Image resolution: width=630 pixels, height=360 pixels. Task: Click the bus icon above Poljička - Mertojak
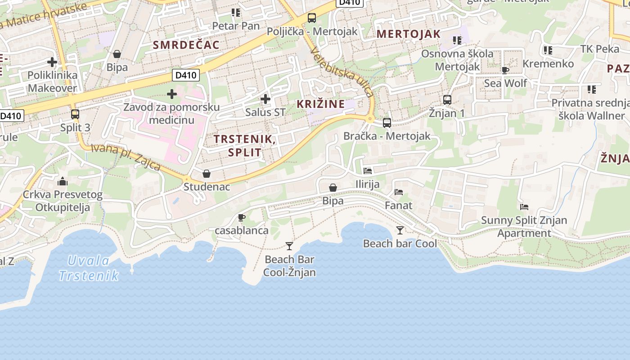[x=312, y=18]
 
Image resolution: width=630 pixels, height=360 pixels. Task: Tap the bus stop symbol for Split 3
[x=75, y=114]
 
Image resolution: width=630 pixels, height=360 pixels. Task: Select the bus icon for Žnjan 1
[x=447, y=100]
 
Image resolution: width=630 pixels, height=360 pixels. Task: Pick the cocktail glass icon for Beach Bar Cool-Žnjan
[x=289, y=246]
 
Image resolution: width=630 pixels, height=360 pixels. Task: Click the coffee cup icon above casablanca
[x=242, y=218]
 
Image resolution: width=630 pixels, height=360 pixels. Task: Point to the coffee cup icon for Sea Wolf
[x=505, y=70]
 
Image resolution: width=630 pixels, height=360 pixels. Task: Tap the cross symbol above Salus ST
[x=265, y=99]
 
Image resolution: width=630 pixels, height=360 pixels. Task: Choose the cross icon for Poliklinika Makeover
[x=52, y=62]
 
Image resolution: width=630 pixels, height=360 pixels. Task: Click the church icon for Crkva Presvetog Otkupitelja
[x=63, y=182]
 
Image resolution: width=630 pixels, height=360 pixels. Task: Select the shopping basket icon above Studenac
[x=207, y=174]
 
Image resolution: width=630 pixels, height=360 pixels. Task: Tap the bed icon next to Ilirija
[x=368, y=171]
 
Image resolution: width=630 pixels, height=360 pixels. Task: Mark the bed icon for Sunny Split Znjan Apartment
[x=524, y=207]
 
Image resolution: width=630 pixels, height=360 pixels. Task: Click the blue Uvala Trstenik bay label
[x=89, y=268]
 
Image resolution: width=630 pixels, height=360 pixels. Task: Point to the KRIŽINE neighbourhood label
[x=321, y=104]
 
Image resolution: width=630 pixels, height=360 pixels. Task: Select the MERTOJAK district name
[x=408, y=34]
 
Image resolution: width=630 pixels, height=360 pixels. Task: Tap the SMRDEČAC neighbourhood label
[x=186, y=45]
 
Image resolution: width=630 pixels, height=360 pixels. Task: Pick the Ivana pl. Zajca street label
[x=126, y=157]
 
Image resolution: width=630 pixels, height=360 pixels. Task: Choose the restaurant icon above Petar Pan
[x=235, y=13]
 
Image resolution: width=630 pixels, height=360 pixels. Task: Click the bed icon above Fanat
[x=399, y=192]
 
